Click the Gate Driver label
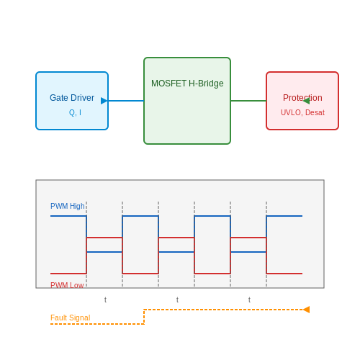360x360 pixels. click(x=72, y=98)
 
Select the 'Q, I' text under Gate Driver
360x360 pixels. click(x=75, y=112)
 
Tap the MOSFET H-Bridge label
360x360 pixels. click(x=187, y=84)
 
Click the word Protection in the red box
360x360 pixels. click(x=302, y=98)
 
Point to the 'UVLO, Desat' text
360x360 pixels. click(x=302, y=112)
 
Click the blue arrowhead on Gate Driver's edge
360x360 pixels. click(x=104, y=101)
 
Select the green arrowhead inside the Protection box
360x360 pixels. click(x=306, y=101)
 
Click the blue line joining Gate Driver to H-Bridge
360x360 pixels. click(x=126, y=101)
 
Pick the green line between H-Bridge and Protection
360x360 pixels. click(x=248, y=101)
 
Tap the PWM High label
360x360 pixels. click(x=68, y=206)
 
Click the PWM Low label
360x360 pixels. click(x=67, y=285)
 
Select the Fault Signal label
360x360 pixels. click(x=71, y=318)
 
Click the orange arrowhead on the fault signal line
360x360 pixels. click(x=306, y=310)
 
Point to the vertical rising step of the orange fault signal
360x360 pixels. click(x=144, y=317)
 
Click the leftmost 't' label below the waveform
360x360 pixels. click(x=105, y=300)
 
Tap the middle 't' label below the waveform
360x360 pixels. click(x=177, y=300)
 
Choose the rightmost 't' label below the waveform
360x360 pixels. click(x=249, y=300)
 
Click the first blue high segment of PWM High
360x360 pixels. click(x=68, y=216)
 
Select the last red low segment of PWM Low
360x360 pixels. click(x=284, y=274)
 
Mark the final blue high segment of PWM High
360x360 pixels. click(x=284, y=216)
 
